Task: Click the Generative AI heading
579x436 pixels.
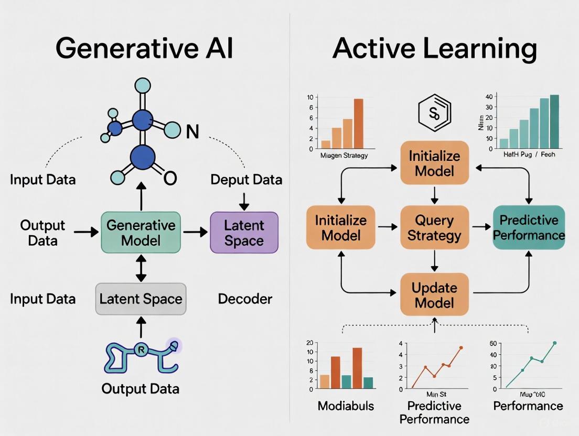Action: [144, 48]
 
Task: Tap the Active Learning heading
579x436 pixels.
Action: [434, 48]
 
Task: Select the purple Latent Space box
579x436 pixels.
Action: [244, 233]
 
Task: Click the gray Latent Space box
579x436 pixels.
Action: [141, 299]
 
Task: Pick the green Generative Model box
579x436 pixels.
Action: [141, 233]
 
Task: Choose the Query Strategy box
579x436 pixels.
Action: [434, 227]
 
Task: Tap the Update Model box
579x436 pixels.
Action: [434, 295]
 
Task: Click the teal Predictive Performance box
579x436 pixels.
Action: [529, 227]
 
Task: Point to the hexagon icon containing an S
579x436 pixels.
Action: [434, 113]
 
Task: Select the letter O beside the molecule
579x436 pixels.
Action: [170, 179]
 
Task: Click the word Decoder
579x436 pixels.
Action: [245, 299]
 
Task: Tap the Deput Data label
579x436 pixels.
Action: [246, 180]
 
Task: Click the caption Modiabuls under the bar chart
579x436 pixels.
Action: [345, 406]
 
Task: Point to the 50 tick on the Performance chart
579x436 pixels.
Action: [493, 343]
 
